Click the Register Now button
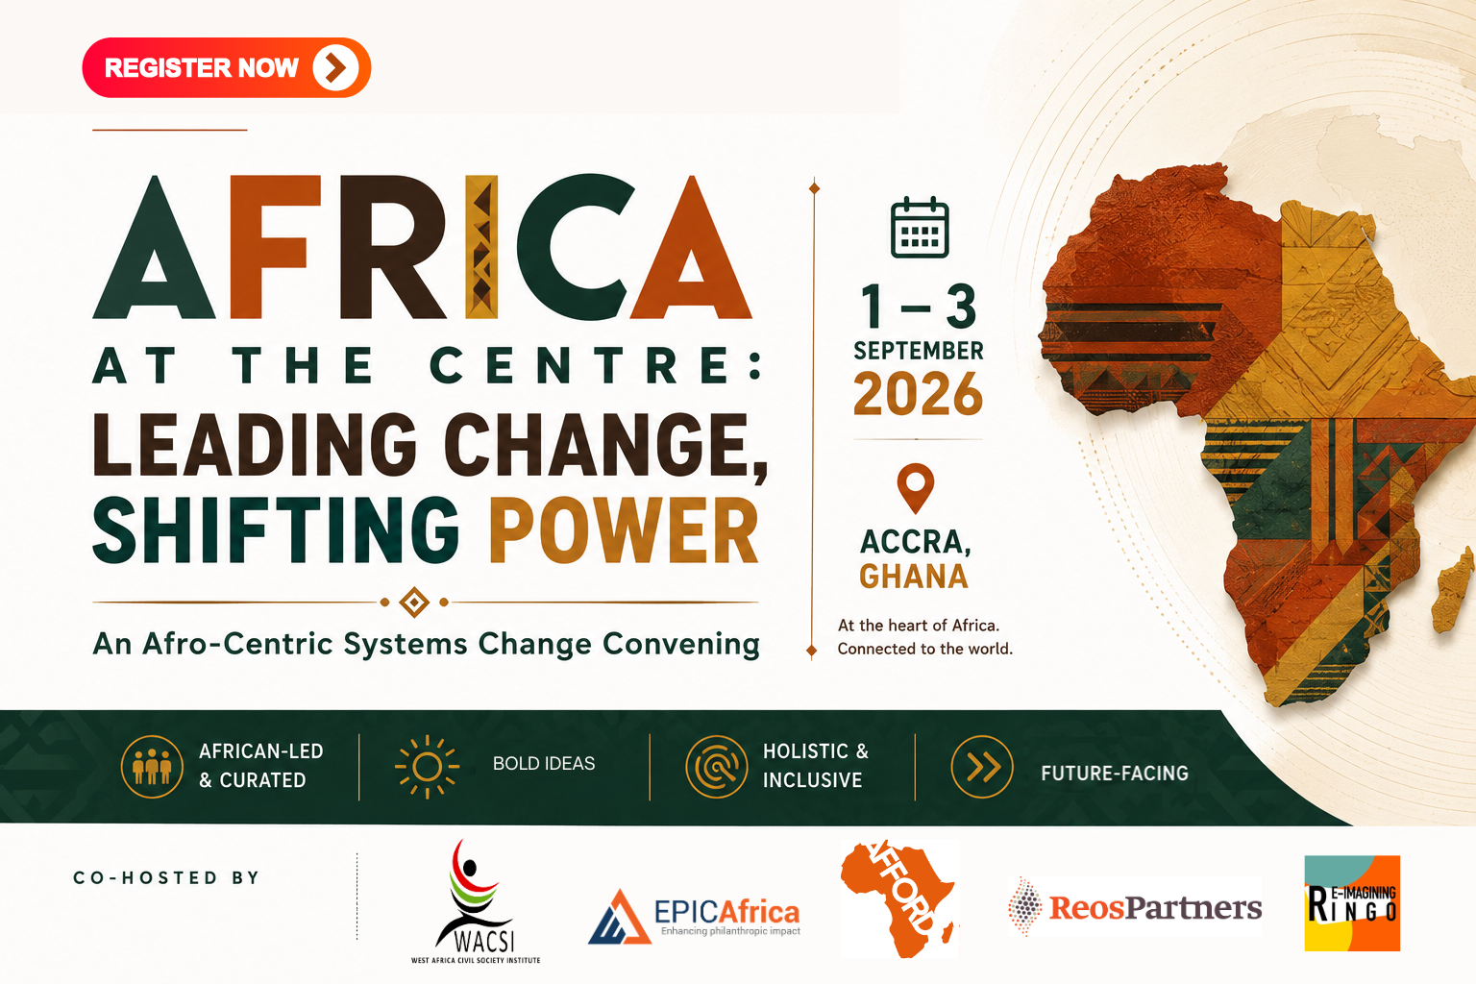point(227,67)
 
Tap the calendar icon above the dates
point(920,228)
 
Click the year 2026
point(918,393)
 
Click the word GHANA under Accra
point(914,576)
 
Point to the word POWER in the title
point(624,530)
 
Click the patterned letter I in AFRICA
point(481,247)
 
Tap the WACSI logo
point(476,901)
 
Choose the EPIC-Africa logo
point(694,916)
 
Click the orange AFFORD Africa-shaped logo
point(898,899)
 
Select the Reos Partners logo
point(1135,907)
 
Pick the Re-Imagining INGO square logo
point(1352,903)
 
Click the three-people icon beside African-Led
point(152,767)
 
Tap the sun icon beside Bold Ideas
point(427,767)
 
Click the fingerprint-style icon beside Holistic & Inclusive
point(716,767)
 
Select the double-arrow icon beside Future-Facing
point(982,767)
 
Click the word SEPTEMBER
point(919,351)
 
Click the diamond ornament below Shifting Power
point(414,602)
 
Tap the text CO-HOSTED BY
point(166,877)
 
